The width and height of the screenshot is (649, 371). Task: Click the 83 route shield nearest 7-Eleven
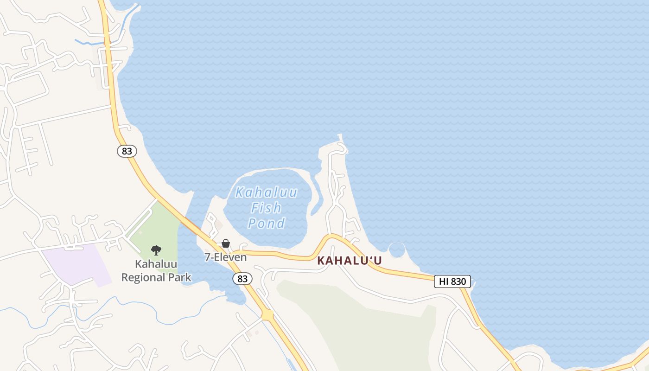coord(242,278)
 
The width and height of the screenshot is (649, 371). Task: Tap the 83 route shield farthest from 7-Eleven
coord(127,151)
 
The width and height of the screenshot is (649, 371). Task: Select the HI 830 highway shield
coord(452,281)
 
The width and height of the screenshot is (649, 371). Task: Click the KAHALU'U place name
coord(350,261)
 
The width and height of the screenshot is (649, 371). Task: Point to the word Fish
coord(266,208)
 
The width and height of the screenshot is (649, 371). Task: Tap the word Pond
coord(267,224)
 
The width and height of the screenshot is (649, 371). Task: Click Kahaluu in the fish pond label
coord(266,192)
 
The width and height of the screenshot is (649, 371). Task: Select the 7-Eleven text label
coord(226,257)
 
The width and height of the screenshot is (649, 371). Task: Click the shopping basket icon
coord(226,243)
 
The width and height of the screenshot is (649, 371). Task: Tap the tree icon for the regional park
coord(156,250)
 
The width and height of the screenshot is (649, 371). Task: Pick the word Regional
coord(142,277)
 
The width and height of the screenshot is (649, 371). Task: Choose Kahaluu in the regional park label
coord(156,264)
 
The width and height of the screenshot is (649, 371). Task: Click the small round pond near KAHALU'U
coord(397,249)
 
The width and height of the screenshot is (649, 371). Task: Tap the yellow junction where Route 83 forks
coord(267,315)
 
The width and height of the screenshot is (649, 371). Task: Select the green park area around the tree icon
coord(162,227)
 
